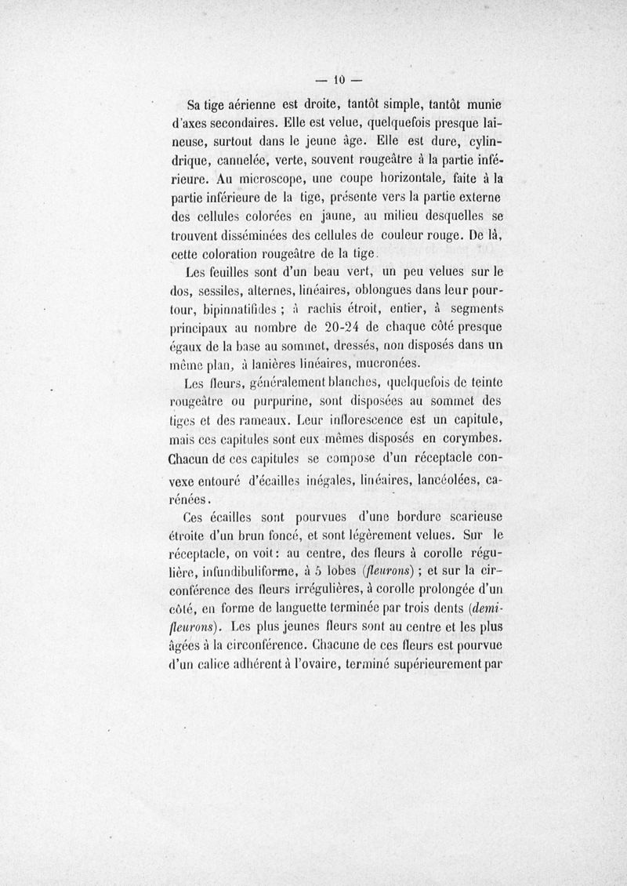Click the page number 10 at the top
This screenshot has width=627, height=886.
[x=340, y=79]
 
